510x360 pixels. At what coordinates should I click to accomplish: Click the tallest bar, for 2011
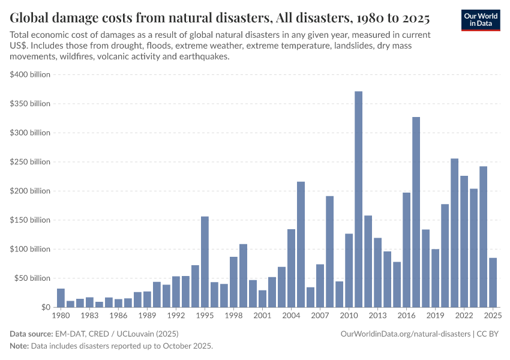coord(358,199)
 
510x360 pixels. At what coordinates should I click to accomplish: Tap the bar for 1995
coord(205,262)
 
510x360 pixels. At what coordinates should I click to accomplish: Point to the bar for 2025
coord(493,283)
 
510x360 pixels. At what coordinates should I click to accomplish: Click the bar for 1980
coord(61,298)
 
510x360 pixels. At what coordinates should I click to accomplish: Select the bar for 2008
coord(329,251)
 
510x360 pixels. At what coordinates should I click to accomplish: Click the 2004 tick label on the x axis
coord(291,315)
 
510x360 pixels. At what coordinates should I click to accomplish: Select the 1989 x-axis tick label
coord(147,315)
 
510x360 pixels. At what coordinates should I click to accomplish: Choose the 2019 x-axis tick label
coord(435,315)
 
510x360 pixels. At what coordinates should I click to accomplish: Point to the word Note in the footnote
coord(19,346)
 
